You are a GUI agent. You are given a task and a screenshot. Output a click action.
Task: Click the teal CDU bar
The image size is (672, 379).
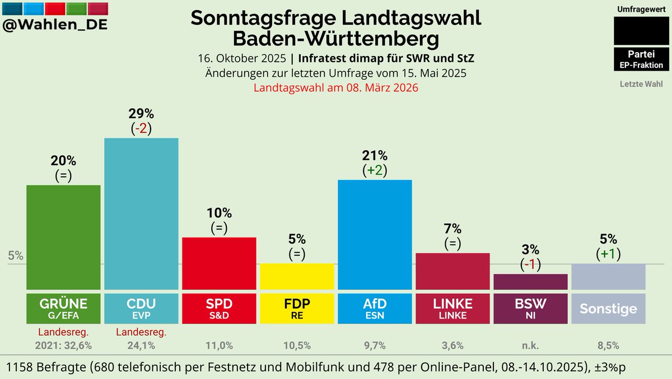141,213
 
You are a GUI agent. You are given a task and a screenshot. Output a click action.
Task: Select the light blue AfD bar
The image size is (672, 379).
375,234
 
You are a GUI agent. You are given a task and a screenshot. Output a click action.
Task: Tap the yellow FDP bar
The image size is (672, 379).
297,276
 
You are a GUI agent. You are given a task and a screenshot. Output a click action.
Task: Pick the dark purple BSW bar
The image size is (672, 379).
530,281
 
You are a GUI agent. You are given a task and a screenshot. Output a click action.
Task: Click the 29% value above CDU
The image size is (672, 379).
141,113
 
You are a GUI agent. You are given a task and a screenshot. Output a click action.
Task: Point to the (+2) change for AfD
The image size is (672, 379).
375,170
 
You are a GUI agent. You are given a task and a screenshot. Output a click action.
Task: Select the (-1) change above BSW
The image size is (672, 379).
530,264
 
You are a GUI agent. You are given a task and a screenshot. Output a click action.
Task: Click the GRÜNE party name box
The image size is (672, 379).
63,308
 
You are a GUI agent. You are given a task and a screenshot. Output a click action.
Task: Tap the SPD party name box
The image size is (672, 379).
219,308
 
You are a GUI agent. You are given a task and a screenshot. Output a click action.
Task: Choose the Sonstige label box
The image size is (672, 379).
608,308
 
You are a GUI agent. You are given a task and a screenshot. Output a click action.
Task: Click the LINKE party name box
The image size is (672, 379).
452,308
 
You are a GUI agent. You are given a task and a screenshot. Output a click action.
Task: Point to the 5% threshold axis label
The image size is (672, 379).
16,256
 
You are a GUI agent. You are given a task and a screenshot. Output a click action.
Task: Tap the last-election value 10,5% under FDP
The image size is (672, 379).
297,346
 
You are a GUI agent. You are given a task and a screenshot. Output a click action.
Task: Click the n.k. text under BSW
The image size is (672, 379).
530,346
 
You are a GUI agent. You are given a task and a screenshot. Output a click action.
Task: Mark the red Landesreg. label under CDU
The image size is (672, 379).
141,332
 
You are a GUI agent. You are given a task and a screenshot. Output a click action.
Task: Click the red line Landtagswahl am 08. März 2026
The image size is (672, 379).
336,88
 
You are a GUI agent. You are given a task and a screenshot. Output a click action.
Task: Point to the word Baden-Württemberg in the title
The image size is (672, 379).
336,40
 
